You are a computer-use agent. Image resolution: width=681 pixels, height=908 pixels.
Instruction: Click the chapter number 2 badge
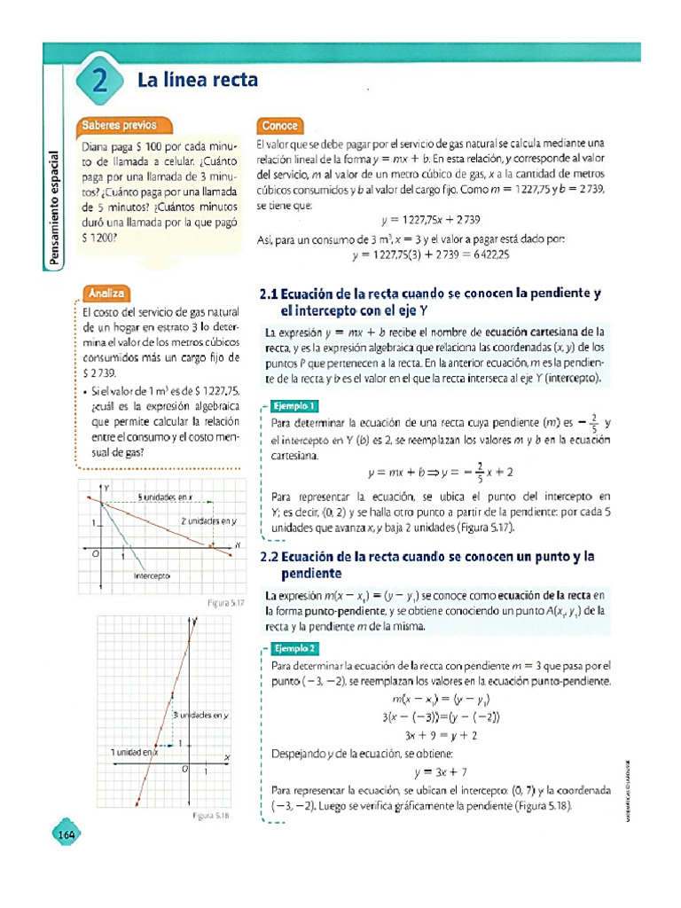click(99, 82)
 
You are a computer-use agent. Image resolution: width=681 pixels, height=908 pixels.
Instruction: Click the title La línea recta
click(198, 81)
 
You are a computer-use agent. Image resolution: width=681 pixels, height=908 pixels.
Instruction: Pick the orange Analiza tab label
click(106, 292)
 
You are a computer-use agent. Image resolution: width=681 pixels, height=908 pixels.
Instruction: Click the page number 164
click(67, 834)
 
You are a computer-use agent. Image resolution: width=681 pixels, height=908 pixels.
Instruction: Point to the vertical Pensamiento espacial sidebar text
click(55, 208)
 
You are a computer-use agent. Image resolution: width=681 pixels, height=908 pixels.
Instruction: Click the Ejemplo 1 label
click(294, 405)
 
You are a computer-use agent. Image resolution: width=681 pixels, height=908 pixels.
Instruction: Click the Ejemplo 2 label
click(294, 648)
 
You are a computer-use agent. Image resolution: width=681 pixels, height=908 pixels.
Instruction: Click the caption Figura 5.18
click(211, 815)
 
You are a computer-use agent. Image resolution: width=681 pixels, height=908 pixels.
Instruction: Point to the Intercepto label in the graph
click(151, 575)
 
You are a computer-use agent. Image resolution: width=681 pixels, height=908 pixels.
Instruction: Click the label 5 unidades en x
click(165, 497)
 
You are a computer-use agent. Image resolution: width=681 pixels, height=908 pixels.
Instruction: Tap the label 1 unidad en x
click(133, 752)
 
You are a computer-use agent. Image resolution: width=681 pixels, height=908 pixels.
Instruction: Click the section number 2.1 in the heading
click(268, 293)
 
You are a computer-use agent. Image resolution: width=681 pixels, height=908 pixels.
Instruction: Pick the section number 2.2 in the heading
click(268, 557)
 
